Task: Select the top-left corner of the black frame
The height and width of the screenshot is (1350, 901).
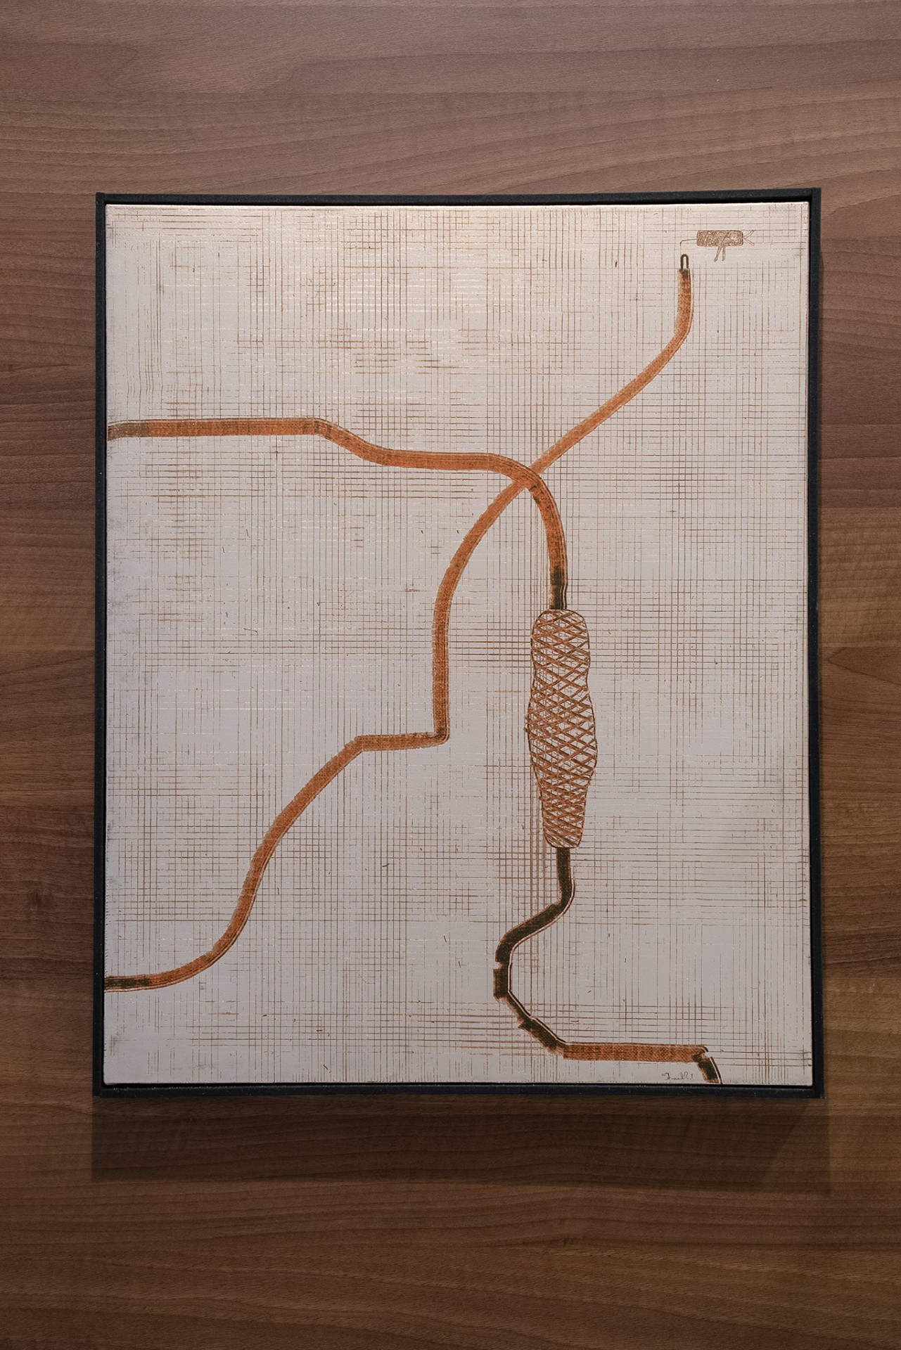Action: click(97, 193)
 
